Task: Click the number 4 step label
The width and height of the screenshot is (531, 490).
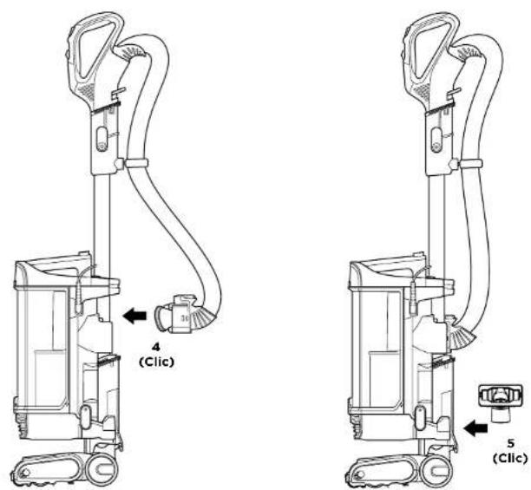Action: point(156,347)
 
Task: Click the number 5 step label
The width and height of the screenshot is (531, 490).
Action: point(511,443)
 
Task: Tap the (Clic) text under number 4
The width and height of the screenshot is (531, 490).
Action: point(157,362)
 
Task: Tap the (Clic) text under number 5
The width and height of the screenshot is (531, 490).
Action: point(510,458)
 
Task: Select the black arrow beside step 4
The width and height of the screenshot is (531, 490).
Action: point(134,316)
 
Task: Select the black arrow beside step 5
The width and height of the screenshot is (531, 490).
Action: point(475,428)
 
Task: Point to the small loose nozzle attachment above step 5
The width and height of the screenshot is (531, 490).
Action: point(500,402)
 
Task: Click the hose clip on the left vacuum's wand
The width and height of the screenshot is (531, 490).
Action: point(136,163)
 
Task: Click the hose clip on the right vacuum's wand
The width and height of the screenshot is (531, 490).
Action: point(470,163)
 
